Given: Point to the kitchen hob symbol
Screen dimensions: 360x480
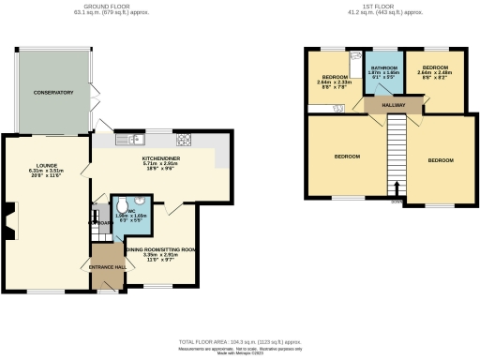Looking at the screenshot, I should click(183, 141).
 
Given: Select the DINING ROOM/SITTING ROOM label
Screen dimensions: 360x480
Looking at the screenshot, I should click(161, 248).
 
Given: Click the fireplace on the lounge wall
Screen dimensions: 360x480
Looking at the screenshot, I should click(8, 222).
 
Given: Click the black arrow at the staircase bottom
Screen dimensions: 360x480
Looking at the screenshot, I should click(397, 188).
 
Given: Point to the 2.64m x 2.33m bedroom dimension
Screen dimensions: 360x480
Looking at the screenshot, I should click(335, 82).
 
